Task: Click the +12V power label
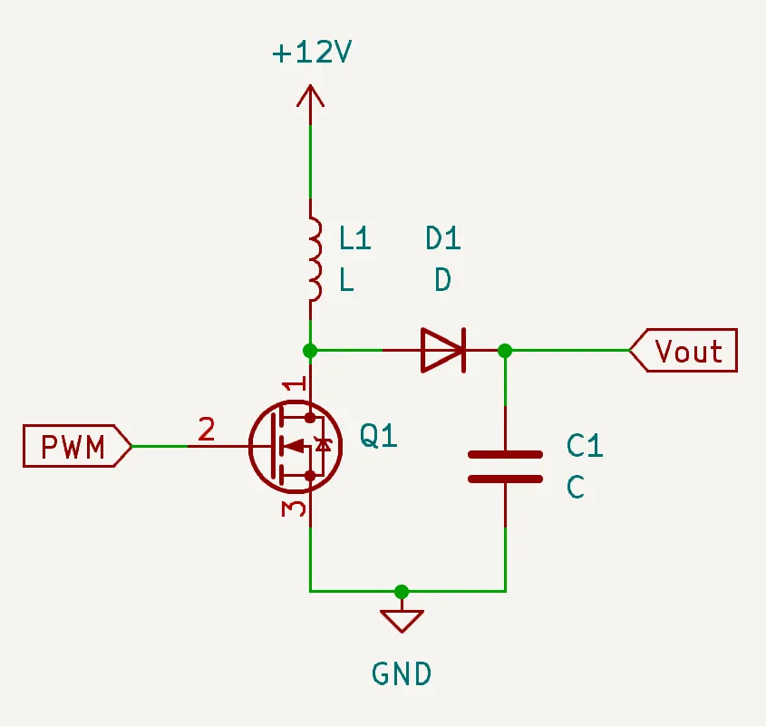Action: [311, 53]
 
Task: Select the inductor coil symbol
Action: [314, 259]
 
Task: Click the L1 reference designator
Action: [355, 238]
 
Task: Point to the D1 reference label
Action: [443, 238]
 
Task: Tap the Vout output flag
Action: [684, 351]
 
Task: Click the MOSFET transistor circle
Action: [296, 445]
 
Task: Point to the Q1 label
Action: [379, 437]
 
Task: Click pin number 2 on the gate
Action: [207, 429]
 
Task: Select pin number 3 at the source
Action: [292, 508]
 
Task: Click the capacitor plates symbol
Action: [505, 466]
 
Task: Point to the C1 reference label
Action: [585, 445]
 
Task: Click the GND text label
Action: [402, 673]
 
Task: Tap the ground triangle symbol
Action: [402, 620]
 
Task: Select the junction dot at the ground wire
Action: [402, 592]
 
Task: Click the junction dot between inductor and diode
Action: [310, 350]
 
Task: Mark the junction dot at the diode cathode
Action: [505, 350]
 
